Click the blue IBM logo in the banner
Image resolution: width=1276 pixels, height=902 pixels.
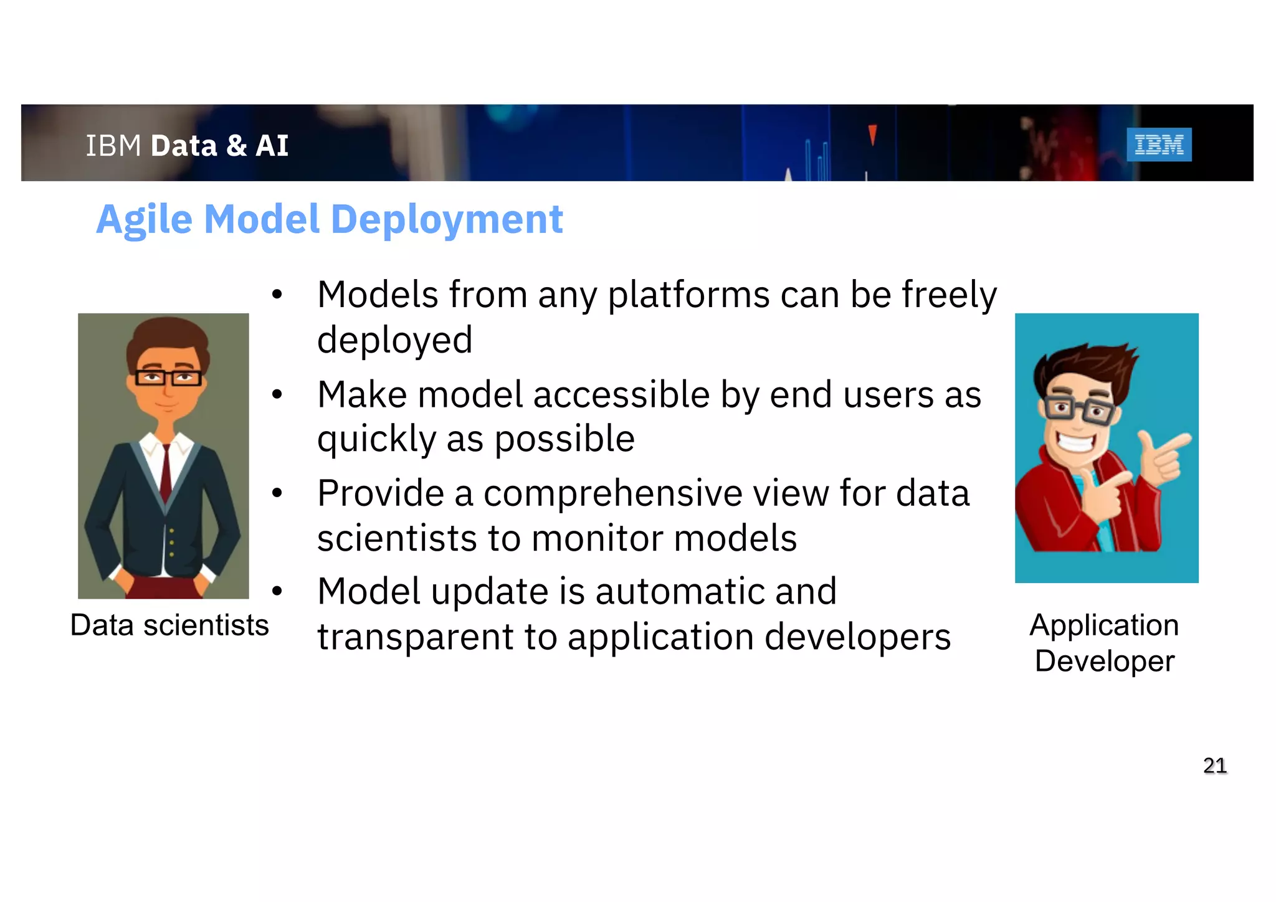[x=1158, y=145]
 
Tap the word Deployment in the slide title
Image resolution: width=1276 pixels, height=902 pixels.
[x=447, y=220]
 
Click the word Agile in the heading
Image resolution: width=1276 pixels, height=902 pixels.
[x=144, y=220]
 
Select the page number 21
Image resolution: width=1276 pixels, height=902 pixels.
[x=1214, y=765]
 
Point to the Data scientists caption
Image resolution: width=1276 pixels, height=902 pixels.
[x=169, y=625]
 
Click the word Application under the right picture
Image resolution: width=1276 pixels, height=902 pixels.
[x=1104, y=625]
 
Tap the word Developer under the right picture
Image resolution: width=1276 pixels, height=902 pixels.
[x=1104, y=661]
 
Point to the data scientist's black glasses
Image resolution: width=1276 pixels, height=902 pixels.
[x=168, y=377]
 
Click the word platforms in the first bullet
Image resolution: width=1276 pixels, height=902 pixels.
[x=688, y=295]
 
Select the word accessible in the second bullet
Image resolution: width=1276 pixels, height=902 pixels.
[x=621, y=395]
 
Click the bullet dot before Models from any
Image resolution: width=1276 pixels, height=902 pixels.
[x=277, y=295]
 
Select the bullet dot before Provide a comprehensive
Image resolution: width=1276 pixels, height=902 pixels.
[x=277, y=493]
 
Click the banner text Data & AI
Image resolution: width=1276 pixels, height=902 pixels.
[x=219, y=146]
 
